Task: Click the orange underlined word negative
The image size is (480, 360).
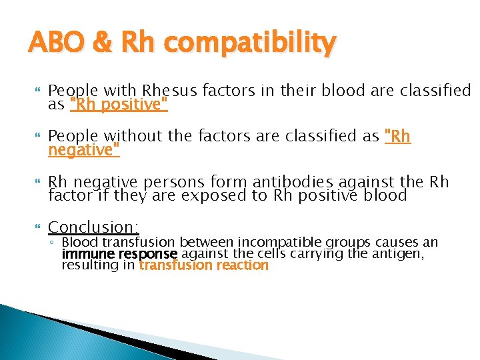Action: pyautogui.click(x=83, y=151)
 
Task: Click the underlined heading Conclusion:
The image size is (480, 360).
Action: pyautogui.click(x=93, y=227)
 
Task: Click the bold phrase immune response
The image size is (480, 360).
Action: pyautogui.click(x=120, y=254)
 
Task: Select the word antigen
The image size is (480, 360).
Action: pyautogui.click(x=409, y=254)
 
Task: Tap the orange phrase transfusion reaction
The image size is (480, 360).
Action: pyautogui.click(x=203, y=265)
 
